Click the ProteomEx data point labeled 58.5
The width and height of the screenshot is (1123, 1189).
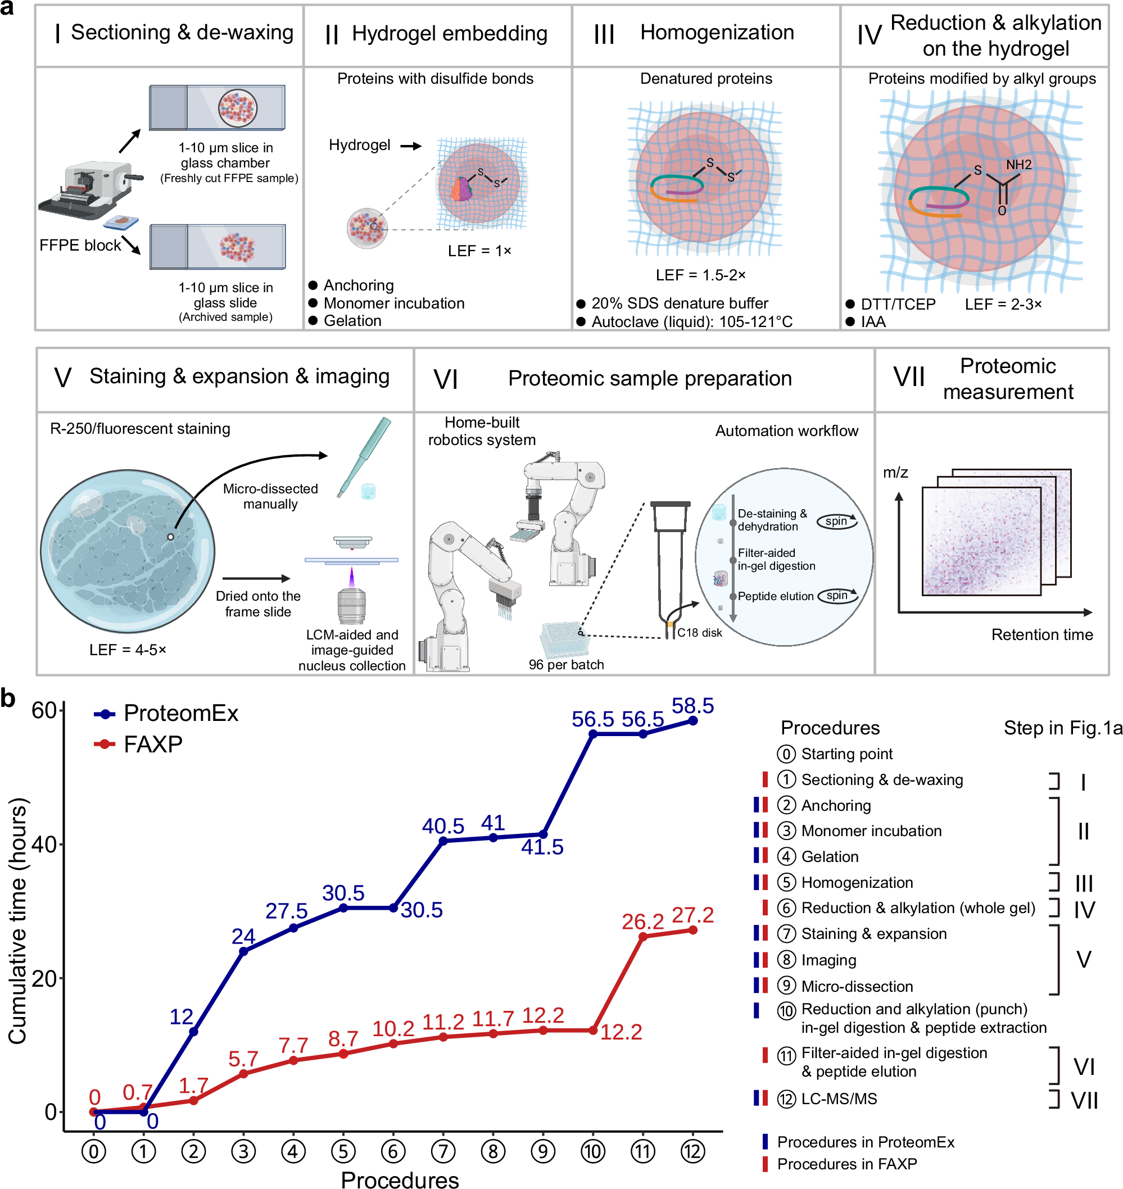click(692, 720)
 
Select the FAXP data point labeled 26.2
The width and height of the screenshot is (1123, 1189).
click(643, 937)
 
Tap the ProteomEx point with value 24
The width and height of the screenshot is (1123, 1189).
click(243, 951)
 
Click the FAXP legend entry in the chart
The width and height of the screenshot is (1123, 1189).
click(152, 745)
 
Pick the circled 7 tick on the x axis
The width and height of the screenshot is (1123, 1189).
click(443, 1151)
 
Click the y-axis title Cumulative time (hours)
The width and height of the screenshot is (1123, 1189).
click(18, 922)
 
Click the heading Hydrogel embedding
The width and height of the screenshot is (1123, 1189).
click(449, 34)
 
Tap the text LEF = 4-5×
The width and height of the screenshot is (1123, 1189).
click(128, 650)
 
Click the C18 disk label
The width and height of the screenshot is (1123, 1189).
click(699, 633)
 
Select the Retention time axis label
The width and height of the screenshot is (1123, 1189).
click(1042, 634)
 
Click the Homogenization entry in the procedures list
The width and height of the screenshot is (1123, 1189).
click(857, 883)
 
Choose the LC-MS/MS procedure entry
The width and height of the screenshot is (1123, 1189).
click(839, 1099)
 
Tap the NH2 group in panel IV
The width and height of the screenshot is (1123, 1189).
click(1018, 165)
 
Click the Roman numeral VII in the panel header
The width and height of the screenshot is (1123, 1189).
click(909, 378)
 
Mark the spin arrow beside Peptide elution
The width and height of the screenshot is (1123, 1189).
click(837, 596)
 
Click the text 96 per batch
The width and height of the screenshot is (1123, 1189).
click(565, 664)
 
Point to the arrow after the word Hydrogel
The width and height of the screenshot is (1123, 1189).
click(411, 146)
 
